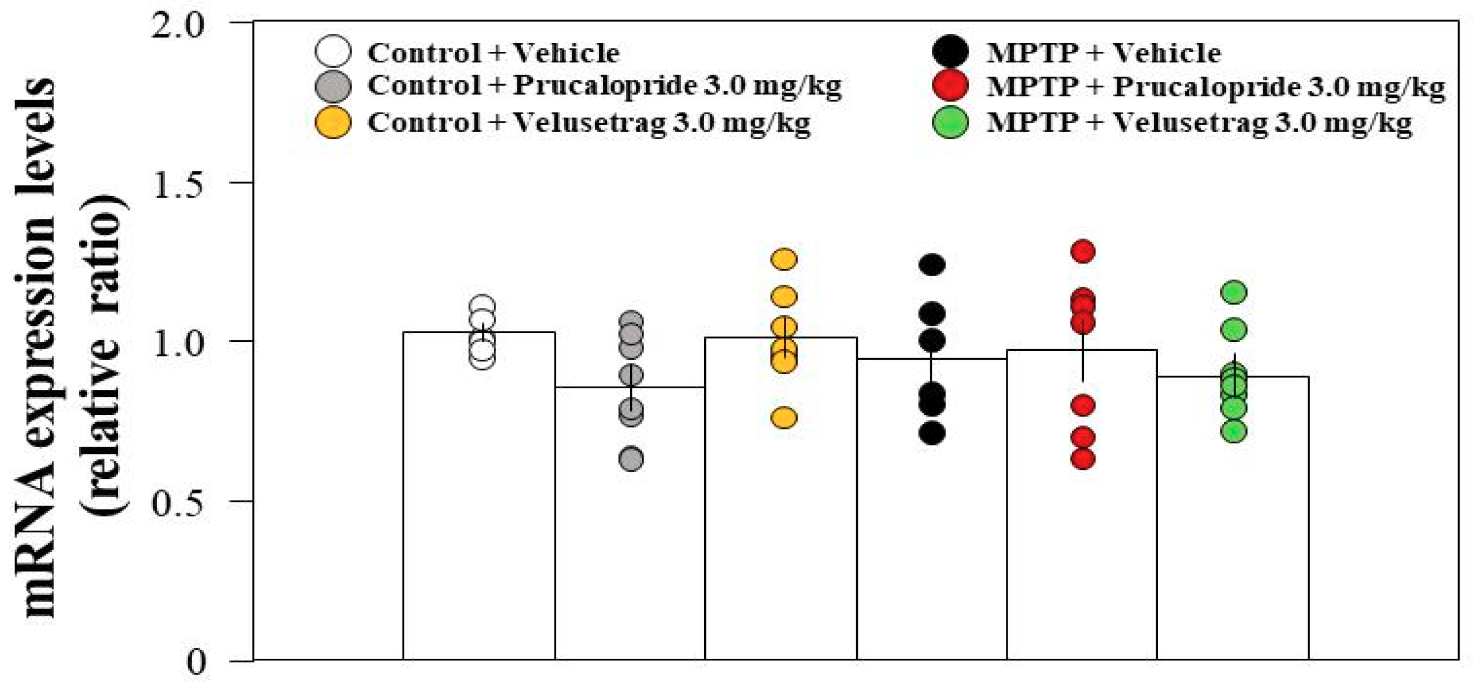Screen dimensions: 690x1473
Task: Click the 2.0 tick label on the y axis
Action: click(x=178, y=26)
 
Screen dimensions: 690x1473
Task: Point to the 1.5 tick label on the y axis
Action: click(x=178, y=185)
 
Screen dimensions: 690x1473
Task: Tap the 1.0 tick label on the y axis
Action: click(x=178, y=344)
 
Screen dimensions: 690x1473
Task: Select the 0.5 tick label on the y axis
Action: click(x=178, y=503)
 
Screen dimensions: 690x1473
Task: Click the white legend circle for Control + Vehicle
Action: click(x=333, y=51)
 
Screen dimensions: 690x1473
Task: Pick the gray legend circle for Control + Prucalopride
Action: click(x=333, y=86)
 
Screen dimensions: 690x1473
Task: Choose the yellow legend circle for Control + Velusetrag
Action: click(x=333, y=122)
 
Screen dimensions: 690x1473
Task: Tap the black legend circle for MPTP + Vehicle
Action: click(x=950, y=51)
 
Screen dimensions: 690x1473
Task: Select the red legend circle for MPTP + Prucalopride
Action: click(x=950, y=86)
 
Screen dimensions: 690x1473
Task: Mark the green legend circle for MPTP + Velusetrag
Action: click(x=950, y=122)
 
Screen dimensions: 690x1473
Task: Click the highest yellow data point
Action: click(x=784, y=259)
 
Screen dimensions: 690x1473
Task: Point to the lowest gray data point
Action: click(x=631, y=458)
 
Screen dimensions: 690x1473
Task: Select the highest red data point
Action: click(x=1083, y=251)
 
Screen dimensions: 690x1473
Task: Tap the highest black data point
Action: click(x=932, y=265)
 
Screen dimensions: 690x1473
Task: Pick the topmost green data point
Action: click(x=1234, y=292)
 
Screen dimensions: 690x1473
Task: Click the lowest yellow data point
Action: click(x=784, y=418)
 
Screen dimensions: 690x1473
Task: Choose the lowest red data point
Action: click(x=1083, y=458)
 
